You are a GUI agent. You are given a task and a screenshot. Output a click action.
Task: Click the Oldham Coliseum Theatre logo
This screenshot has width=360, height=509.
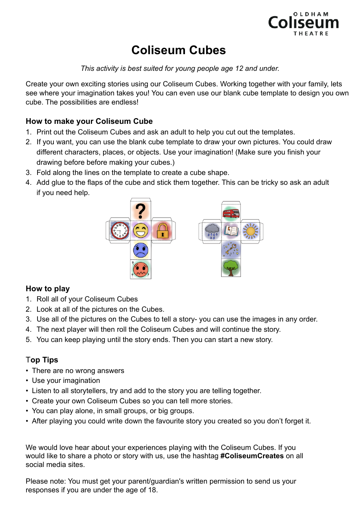[303, 23]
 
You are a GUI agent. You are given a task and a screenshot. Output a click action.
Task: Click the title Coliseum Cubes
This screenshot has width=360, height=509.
[178, 50]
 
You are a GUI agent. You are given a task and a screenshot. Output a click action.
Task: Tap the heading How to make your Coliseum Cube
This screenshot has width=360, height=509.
[89, 121]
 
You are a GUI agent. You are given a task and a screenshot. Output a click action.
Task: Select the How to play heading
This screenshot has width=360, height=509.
[48, 289]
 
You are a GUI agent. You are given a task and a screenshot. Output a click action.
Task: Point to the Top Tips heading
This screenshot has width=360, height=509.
[42, 360]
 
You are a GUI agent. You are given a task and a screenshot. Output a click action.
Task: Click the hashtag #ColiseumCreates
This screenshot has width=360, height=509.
[252, 456]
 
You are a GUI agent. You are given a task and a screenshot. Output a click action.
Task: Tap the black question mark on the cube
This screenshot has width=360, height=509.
[141, 211]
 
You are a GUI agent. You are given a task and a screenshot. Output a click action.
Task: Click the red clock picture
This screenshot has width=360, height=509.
[120, 230]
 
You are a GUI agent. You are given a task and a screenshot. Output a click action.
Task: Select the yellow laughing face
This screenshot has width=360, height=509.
[141, 230]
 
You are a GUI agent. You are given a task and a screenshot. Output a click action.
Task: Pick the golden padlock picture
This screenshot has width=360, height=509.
[163, 230]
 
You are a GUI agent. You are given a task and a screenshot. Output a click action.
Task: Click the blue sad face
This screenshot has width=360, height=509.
[141, 250]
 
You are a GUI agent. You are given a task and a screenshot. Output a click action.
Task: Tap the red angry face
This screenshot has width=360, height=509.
[141, 269]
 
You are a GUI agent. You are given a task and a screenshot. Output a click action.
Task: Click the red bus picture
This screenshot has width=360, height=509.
[231, 213]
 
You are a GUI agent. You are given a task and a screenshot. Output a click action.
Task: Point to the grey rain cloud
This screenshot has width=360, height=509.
[212, 231]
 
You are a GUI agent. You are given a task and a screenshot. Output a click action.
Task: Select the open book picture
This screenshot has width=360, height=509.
[231, 230]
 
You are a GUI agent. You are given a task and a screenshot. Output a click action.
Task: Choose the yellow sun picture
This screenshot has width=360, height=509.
[250, 231]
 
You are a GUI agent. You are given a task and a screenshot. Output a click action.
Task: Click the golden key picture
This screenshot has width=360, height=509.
[231, 249]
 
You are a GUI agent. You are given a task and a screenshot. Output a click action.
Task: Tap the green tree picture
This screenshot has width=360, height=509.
[231, 268]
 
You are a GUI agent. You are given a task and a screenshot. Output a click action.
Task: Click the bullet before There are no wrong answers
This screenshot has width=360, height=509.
[27, 371]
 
